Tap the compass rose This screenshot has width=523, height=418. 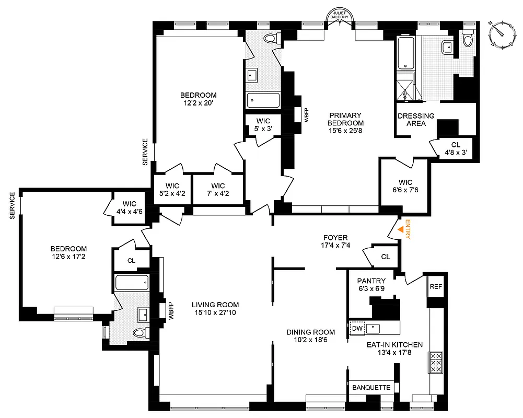pos(503,34)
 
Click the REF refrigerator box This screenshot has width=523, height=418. pos(436,287)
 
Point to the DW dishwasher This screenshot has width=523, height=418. pos(357,328)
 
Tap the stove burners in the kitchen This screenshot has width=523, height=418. pos(436,361)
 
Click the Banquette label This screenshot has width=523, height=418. pos(371,388)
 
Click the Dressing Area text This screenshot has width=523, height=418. pos(416,120)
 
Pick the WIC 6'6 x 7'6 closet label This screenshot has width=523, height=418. pos(405,186)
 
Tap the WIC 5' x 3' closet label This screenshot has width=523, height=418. pos(263,124)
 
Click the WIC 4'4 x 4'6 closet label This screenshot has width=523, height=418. pos(129,207)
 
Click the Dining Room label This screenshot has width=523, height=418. pos(310,336)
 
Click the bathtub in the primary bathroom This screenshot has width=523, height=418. pos(405,53)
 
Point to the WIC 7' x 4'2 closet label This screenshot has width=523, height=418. pos(218,190)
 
